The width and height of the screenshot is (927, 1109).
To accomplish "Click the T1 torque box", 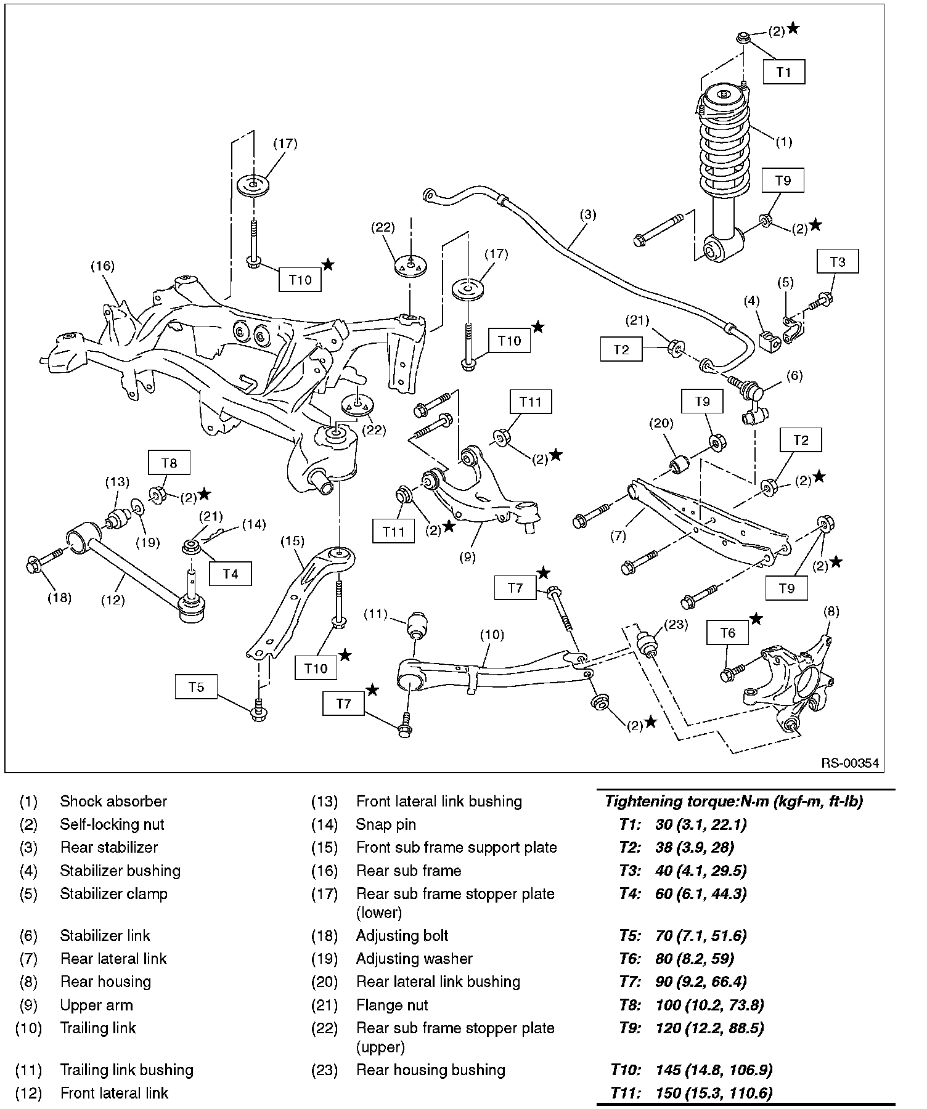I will pyautogui.click(x=783, y=72).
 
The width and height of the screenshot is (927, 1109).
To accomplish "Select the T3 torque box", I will pyautogui.click(x=838, y=262).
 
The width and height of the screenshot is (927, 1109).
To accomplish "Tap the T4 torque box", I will pyautogui.click(x=230, y=574).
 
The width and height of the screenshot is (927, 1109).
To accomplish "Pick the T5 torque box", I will pyautogui.click(x=196, y=687).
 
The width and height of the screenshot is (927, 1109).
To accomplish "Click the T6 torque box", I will pyautogui.click(x=727, y=633).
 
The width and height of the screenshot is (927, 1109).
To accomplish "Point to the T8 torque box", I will pyautogui.click(x=169, y=463).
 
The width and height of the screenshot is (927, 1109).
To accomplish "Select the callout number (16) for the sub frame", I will pyautogui.click(x=103, y=266).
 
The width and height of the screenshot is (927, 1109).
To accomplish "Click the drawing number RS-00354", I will pyautogui.click(x=850, y=763).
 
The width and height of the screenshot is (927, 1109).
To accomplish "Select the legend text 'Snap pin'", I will pyautogui.click(x=386, y=824).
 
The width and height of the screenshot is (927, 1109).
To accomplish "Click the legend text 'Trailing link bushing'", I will pyautogui.click(x=127, y=1070).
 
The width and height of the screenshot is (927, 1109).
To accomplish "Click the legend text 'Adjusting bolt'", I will pyautogui.click(x=402, y=936).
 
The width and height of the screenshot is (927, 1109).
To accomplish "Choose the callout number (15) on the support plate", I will pyautogui.click(x=293, y=541).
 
